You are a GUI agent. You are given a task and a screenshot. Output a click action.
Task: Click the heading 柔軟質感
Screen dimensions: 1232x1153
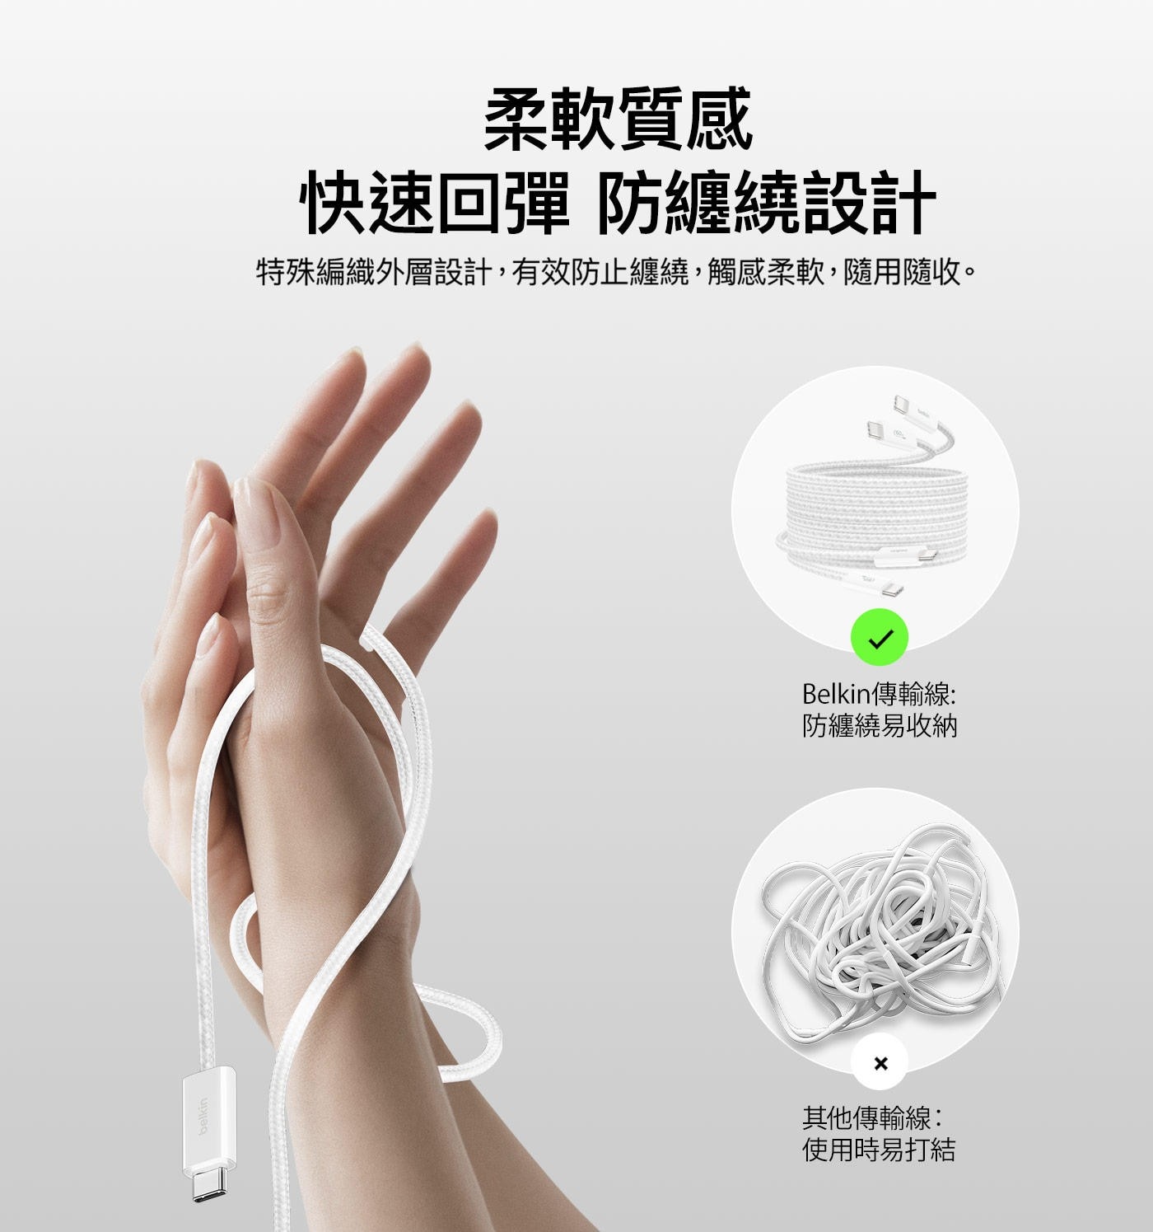[x=618, y=121]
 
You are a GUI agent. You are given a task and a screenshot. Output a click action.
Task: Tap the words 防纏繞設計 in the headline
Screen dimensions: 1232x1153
[x=766, y=203]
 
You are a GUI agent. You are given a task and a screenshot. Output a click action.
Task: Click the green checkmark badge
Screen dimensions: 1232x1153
[x=879, y=639]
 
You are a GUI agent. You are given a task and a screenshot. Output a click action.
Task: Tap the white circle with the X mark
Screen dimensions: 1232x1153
[x=880, y=1063]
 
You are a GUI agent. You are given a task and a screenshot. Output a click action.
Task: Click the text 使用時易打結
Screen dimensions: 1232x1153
[x=879, y=1150]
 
